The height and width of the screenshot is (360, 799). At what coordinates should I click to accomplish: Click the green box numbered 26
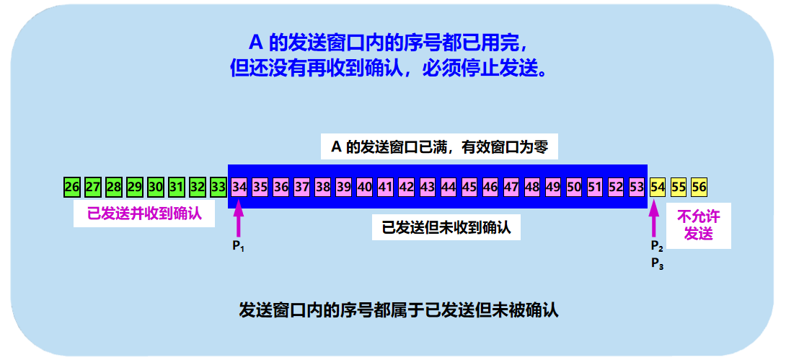click(71, 187)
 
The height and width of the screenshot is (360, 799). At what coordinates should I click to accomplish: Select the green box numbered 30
click(156, 187)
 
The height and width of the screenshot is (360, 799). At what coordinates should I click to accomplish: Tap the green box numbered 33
click(218, 187)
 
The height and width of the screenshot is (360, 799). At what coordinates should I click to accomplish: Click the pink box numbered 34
click(239, 187)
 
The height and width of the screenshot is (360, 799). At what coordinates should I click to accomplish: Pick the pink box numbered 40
click(365, 187)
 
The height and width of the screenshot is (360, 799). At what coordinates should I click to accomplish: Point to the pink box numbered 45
click(469, 187)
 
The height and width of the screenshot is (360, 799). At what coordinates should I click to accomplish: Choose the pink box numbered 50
click(574, 187)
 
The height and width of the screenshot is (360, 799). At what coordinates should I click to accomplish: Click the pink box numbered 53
click(637, 187)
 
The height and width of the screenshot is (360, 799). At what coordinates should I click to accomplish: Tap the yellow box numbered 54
click(658, 187)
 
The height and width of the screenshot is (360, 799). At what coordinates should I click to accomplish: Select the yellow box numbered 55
click(679, 187)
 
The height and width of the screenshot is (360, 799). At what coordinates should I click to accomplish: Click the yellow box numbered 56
click(699, 187)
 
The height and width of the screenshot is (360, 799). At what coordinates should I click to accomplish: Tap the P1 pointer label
click(239, 247)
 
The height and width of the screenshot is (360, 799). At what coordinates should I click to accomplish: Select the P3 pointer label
click(656, 264)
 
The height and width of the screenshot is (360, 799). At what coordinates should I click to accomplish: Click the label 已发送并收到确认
click(144, 214)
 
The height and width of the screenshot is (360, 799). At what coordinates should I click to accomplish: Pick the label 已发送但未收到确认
click(446, 228)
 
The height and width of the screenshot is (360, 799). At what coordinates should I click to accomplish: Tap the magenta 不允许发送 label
click(698, 225)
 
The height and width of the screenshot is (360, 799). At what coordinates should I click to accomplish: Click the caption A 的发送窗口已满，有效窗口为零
click(439, 148)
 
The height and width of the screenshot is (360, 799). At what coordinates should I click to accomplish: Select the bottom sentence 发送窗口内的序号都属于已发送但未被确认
click(399, 311)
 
